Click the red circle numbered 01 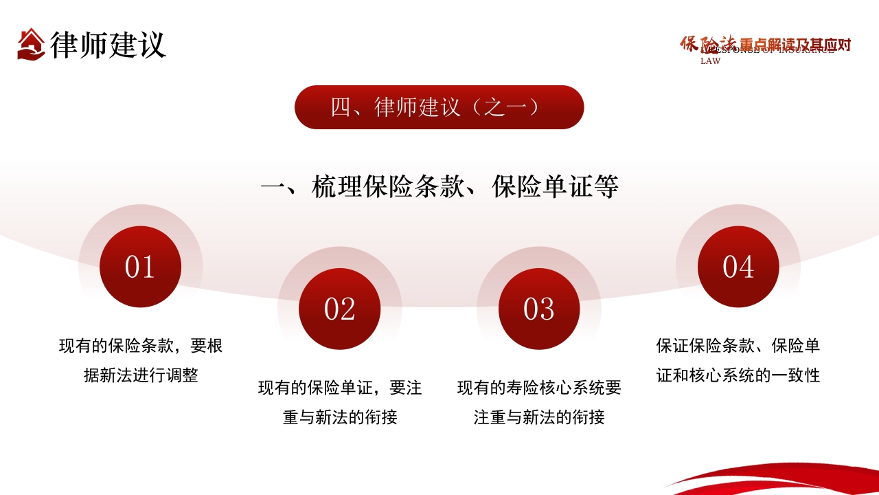pyautogui.click(x=140, y=267)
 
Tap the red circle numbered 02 pyautogui.click(x=339, y=309)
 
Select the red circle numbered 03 pyautogui.click(x=538, y=309)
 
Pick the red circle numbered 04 pyautogui.click(x=738, y=267)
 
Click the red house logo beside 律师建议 pyautogui.click(x=31, y=43)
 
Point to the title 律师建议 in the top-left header pyautogui.click(x=108, y=44)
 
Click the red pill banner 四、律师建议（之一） pyautogui.click(x=439, y=107)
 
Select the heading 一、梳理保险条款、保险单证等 pyautogui.click(x=439, y=187)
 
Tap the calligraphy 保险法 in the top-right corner pyautogui.click(x=707, y=43)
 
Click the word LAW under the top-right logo pyautogui.click(x=710, y=61)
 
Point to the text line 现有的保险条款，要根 pyautogui.click(x=141, y=346)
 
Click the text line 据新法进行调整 pyautogui.click(x=141, y=375)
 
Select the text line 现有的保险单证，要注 pyautogui.click(x=340, y=388)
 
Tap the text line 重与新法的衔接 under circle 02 pyautogui.click(x=340, y=417)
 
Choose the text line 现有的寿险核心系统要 pyautogui.click(x=539, y=388)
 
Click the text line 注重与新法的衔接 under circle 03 pyautogui.click(x=539, y=417)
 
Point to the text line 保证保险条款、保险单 pyautogui.click(x=738, y=346)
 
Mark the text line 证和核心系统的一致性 pyautogui.click(x=738, y=375)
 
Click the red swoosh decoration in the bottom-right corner pyautogui.click(x=790, y=479)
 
